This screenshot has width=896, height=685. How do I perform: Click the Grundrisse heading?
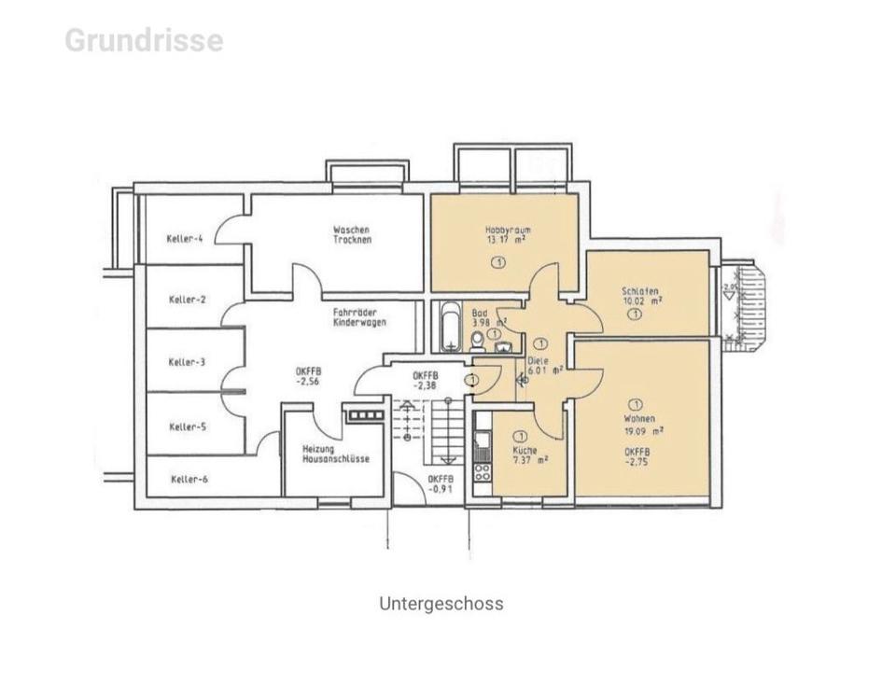click(144, 41)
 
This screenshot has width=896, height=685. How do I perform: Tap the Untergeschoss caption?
click(441, 603)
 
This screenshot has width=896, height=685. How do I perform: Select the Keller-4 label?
click(187, 238)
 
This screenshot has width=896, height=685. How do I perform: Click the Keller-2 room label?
click(188, 300)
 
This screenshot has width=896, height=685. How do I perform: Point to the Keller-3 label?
click(188, 362)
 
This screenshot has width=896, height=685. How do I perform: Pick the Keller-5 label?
click(188, 426)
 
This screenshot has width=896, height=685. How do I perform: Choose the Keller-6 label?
click(190, 480)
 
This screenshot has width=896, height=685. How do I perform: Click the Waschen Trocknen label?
click(352, 234)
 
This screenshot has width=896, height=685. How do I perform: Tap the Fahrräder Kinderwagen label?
click(359, 317)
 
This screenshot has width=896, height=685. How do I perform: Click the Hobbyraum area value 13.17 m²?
click(505, 239)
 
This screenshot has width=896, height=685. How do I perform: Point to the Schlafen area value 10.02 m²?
click(642, 301)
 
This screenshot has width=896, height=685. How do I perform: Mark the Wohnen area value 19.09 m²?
click(643, 431)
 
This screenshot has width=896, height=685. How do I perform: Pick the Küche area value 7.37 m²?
click(529, 459)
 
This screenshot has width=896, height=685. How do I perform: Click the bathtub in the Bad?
click(449, 327)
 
